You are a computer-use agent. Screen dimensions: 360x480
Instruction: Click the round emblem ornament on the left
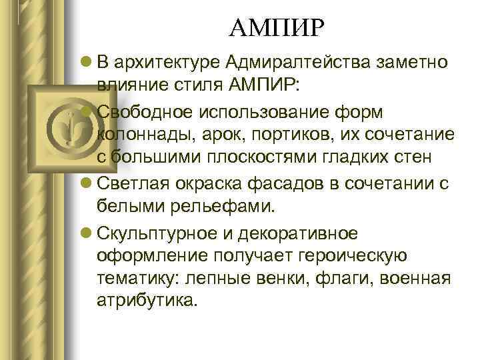69,127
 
